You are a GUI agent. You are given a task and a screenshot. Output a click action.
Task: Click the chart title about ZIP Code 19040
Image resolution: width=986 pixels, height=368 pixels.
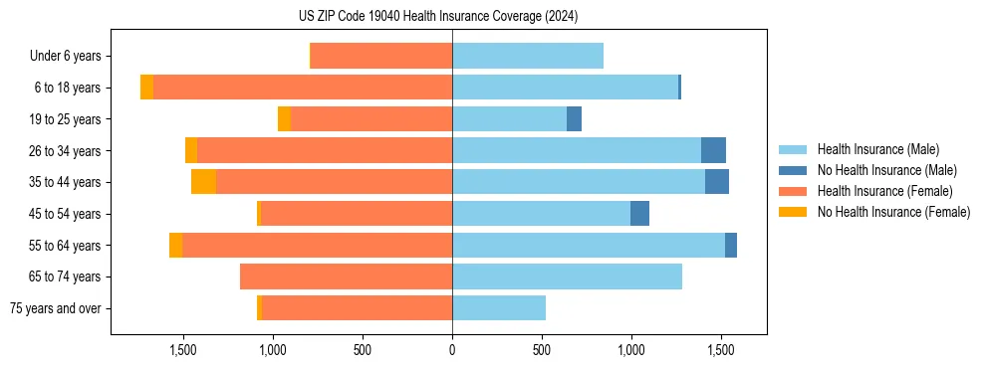(451, 17)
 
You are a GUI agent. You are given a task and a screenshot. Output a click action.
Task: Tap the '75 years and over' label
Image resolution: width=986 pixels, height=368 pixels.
(56, 308)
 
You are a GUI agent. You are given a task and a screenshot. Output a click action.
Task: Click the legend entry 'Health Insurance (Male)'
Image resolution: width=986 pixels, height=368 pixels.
(877, 149)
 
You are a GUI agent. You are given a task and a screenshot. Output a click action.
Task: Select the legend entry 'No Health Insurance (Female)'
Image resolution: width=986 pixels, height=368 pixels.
(893, 212)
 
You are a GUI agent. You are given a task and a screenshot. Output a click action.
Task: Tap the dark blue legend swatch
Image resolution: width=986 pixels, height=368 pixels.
(793, 170)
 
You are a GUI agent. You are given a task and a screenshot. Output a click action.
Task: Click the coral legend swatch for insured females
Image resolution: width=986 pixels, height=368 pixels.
(793, 191)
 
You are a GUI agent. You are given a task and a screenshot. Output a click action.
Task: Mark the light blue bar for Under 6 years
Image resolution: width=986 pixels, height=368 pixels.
(528, 57)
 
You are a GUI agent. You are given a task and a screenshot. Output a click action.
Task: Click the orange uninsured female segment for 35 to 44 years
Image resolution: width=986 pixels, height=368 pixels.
(204, 182)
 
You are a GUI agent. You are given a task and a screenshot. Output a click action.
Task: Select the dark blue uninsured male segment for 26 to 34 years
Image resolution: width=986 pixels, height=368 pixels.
(713, 150)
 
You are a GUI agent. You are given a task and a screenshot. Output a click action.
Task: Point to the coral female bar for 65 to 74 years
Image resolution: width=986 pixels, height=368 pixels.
(346, 276)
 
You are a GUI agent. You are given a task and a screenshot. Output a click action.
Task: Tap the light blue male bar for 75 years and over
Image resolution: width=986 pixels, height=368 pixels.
(499, 308)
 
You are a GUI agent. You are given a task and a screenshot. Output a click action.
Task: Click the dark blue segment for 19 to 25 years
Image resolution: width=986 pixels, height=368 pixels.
(574, 119)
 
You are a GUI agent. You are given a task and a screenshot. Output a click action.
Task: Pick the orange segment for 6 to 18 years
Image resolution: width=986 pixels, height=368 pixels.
(146, 88)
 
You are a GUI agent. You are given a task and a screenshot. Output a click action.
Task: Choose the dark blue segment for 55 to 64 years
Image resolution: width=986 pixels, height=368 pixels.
(731, 245)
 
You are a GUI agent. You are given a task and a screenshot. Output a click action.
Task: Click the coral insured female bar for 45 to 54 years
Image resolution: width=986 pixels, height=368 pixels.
(357, 214)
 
